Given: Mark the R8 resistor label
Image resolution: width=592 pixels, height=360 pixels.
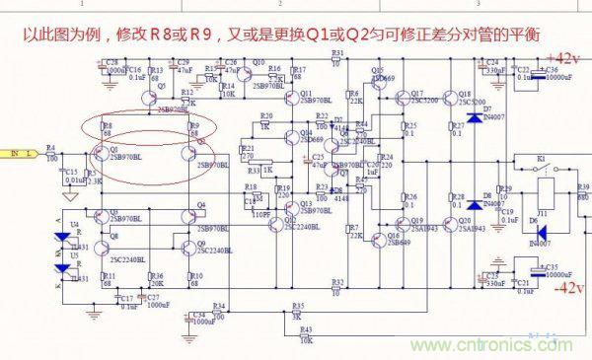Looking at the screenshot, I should click(107, 126).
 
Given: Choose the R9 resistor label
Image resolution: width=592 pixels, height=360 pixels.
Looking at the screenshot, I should click(194, 126).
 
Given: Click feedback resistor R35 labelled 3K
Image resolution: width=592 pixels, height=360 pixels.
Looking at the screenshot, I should click(296, 311).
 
